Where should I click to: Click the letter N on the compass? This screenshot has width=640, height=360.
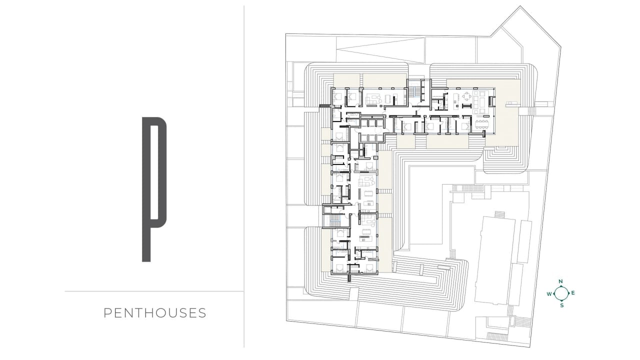coord(560,281)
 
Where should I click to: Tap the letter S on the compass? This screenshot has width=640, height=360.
coord(561,305)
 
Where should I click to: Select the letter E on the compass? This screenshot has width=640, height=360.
coord(573,293)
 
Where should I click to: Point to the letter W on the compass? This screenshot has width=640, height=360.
coord(549,294)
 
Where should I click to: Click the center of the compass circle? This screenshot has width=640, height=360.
coord(561,293)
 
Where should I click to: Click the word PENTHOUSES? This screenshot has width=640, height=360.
coord(155,313)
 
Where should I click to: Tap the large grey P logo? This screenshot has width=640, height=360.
coord(146,189)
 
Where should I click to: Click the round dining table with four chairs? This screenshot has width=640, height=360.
coord(467,96)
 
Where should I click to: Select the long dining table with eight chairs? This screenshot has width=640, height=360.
coord(482,124)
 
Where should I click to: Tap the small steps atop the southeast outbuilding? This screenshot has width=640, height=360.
coord(499,214)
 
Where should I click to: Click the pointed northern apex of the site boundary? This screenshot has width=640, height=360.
coord(520,6)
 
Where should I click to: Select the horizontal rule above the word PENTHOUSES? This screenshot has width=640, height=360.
coord(154,291)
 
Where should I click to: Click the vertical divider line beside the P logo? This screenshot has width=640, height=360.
coord(244,176)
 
